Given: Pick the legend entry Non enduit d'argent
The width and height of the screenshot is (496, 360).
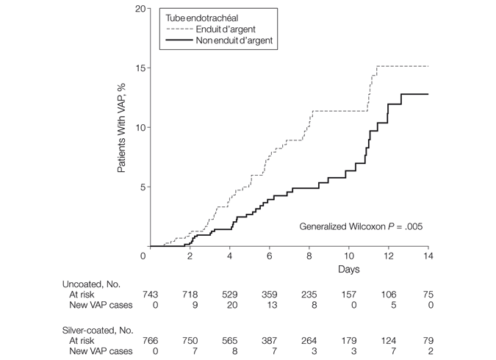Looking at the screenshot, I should (234, 41).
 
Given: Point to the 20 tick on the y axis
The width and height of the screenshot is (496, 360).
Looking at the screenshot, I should (137, 9).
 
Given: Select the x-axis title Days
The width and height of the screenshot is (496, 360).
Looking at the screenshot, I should (348, 270).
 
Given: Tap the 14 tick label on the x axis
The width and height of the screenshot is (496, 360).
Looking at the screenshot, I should (428, 256).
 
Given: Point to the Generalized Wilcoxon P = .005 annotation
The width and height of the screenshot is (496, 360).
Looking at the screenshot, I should (361, 226).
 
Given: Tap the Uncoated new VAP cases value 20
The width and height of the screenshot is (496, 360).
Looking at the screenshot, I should (230, 304).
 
